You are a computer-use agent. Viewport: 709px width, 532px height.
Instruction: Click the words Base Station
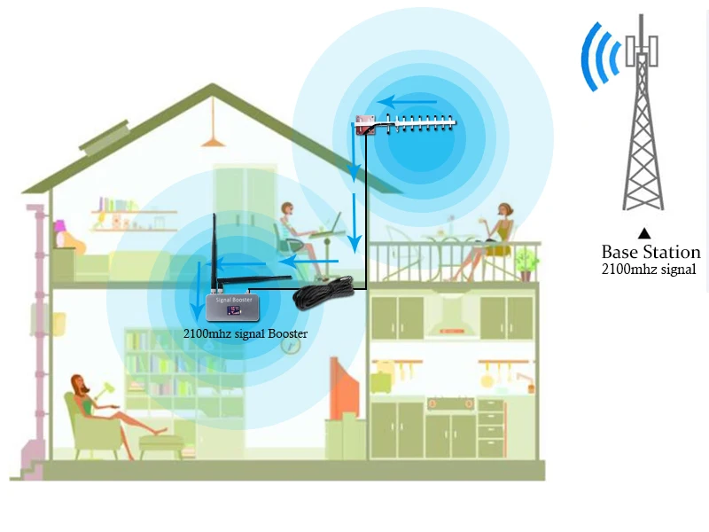[x=651, y=252]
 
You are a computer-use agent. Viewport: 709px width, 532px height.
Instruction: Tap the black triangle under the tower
[x=644, y=232]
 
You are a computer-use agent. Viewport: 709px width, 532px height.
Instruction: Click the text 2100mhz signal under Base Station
[x=650, y=269]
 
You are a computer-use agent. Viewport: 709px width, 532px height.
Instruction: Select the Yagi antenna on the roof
[x=407, y=124]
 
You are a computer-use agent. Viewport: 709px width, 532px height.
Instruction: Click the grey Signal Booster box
[x=233, y=307]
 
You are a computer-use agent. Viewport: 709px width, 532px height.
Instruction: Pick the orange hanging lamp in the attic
[x=211, y=139]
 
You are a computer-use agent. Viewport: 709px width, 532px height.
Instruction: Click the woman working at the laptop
[x=292, y=229]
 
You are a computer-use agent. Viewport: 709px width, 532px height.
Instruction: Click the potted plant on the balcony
[x=526, y=263]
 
